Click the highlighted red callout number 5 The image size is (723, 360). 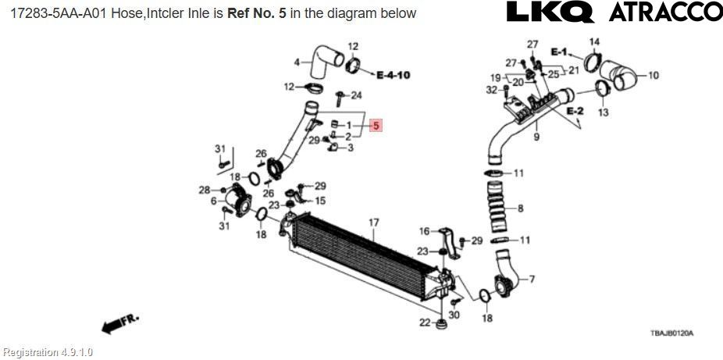(x=376, y=125)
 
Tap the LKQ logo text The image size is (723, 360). (x=550, y=12)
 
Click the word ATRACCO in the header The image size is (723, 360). (x=664, y=12)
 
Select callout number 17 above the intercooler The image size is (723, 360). (x=373, y=223)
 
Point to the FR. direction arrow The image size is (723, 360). (x=119, y=323)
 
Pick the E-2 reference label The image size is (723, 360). (x=575, y=112)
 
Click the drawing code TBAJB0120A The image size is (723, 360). (x=671, y=333)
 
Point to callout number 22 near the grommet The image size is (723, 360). (x=424, y=323)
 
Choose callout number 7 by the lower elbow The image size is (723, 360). (x=531, y=279)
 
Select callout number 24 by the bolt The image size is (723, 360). (x=356, y=96)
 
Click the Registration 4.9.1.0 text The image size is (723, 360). (x=47, y=352)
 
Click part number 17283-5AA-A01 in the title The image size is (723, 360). (x=53, y=13)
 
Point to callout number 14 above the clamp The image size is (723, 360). (x=594, y=41)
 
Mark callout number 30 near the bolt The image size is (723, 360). (x=455, y=315)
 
